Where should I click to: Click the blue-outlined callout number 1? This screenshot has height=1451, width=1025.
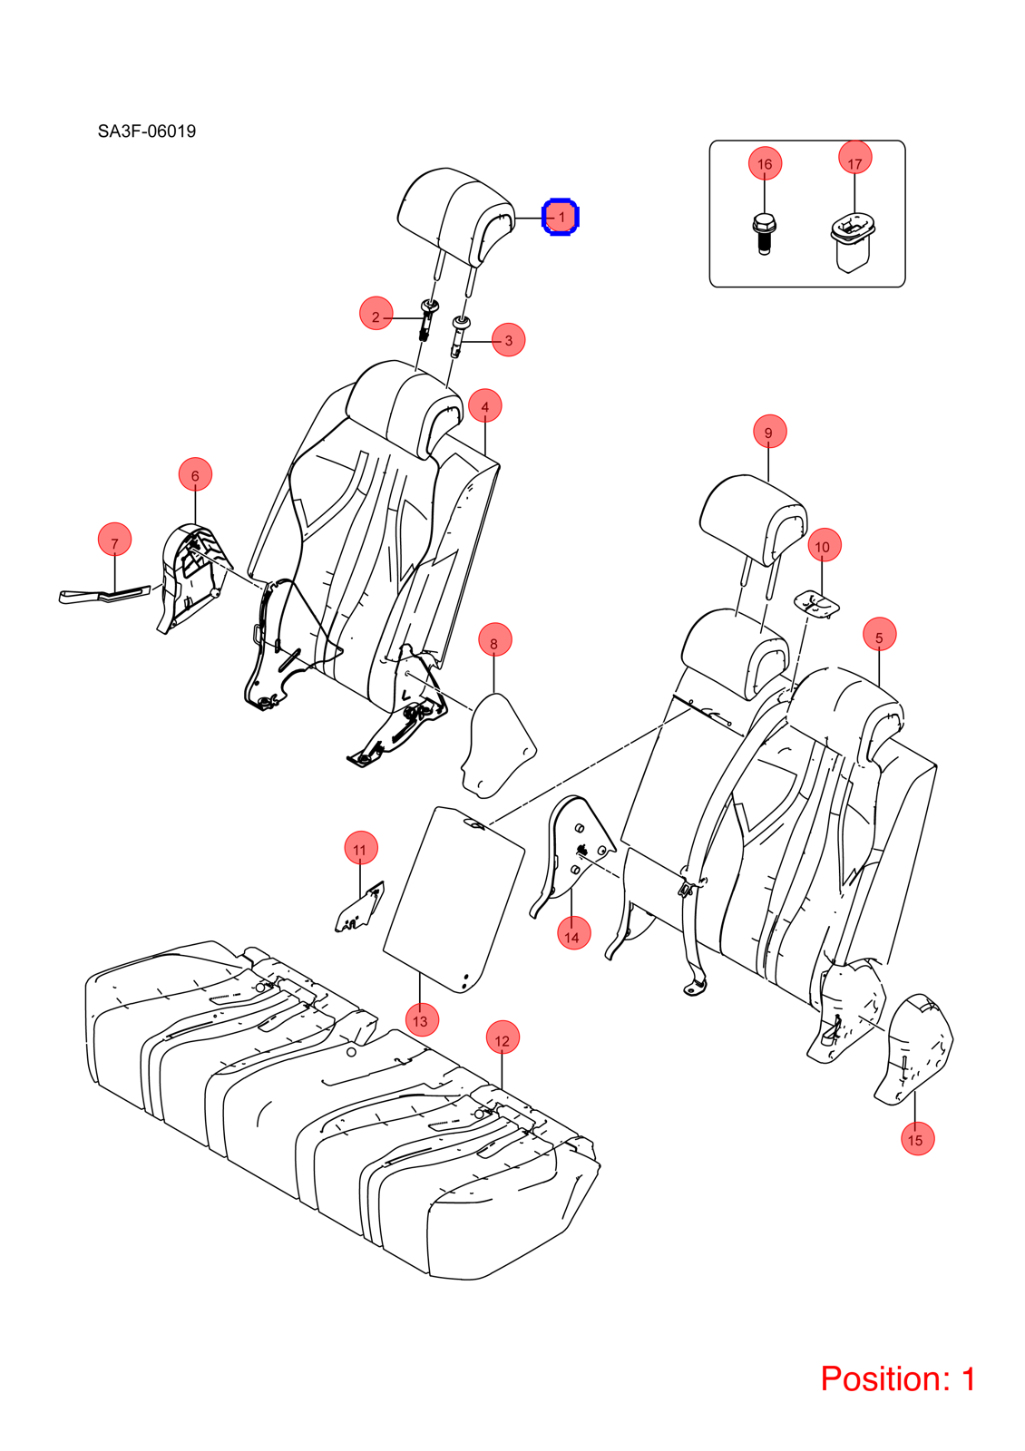point(561,217)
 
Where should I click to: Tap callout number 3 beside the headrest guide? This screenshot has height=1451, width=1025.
point(509,339)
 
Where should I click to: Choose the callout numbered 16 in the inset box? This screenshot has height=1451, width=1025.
point(766,164)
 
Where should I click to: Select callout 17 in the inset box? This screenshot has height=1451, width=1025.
point(855,158)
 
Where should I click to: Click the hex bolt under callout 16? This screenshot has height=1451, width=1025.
point(763,235)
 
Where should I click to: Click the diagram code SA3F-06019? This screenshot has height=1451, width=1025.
point(147,131)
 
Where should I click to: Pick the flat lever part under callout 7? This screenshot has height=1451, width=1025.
point(103,595)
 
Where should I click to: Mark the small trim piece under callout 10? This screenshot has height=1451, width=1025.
point(817,603)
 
